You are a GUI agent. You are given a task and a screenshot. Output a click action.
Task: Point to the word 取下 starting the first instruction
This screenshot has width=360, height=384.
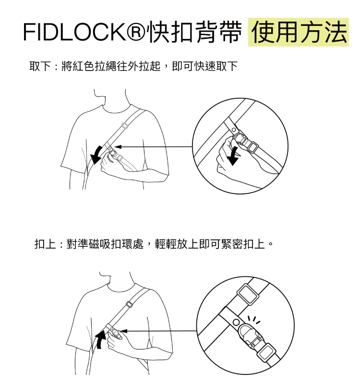(x=40, y=66)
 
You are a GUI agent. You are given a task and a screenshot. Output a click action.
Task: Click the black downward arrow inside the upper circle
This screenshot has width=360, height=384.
(x=234, y=156)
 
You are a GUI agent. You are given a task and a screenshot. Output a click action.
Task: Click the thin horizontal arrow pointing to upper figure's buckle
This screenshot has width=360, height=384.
(x=154, y=146)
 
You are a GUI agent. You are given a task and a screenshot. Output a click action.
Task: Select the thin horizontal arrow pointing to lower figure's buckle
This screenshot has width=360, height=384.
(x=158, y=331)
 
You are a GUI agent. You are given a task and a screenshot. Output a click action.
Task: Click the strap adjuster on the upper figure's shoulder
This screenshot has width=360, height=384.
(x=124, y=126)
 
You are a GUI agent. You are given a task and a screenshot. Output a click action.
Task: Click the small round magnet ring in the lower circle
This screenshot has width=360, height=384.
(x=236, y=321)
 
